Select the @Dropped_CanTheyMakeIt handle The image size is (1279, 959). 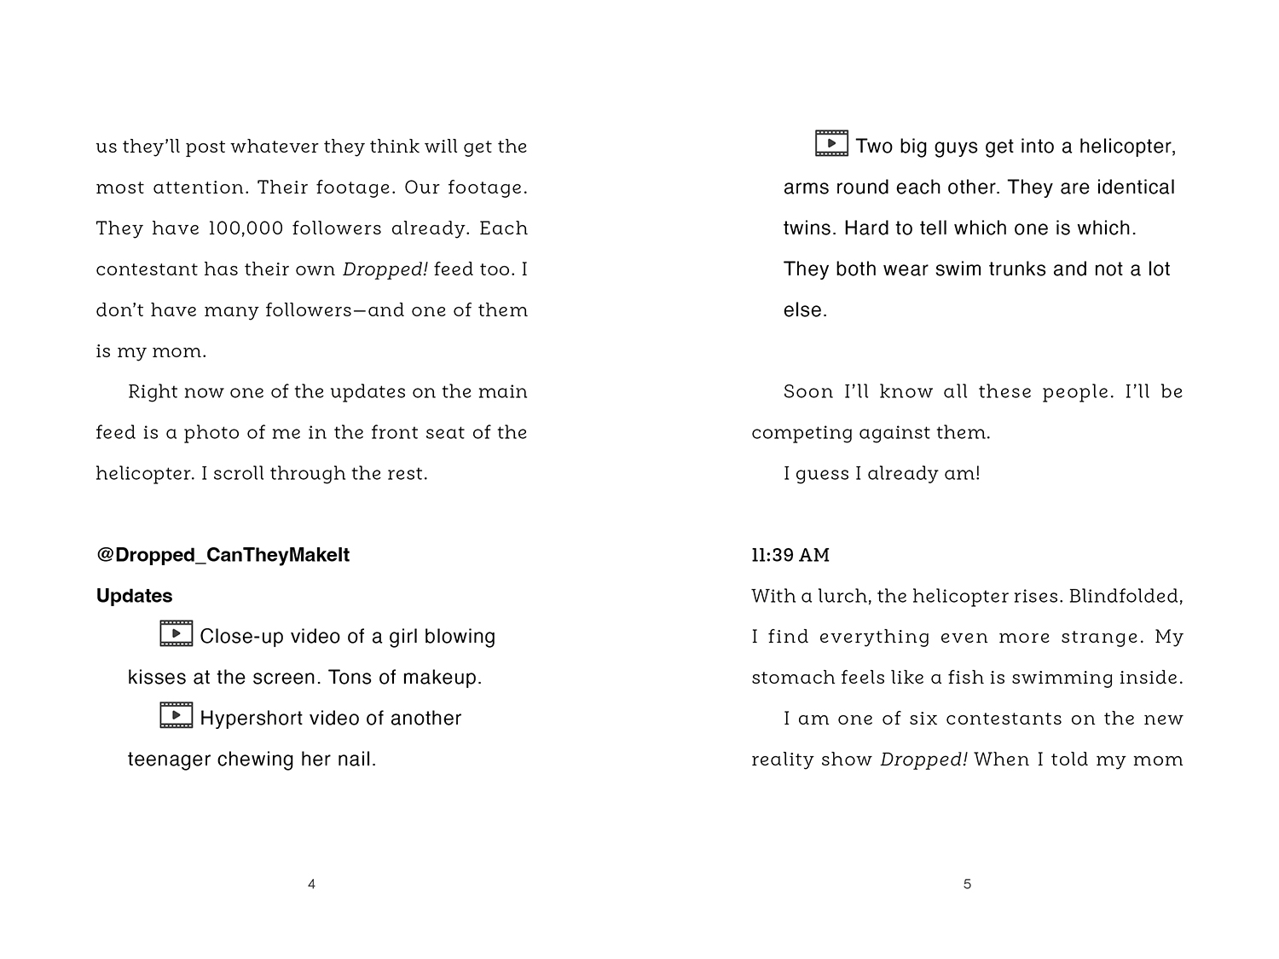[x=223, y=555]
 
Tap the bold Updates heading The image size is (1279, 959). [x=134, y=596]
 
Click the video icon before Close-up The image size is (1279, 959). [x=176, y=634]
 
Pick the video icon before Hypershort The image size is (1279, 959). [x=176, y=716]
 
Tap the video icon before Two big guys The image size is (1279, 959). [x=831, y=144]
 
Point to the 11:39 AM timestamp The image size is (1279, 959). [x=790, y=556]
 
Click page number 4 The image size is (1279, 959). [x=311, y=885]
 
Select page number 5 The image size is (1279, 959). [x=967, y=885]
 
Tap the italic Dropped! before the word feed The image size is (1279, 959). [x=385, y=269]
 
